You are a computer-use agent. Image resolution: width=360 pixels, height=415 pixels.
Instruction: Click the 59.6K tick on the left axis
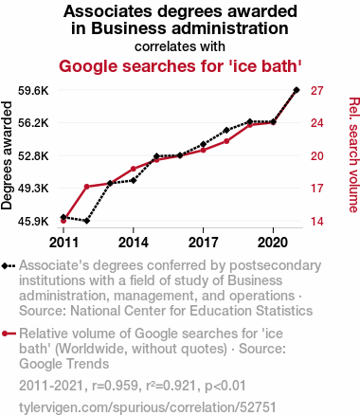[33, 91]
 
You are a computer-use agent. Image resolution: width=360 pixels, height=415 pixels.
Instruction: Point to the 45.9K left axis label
[33, 222]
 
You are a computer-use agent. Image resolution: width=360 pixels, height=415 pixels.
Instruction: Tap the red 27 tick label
[317, 91]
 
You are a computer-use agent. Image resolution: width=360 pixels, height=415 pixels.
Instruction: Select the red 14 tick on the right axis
[317, 222]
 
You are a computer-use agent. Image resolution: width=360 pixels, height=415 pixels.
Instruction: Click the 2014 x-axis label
[134, 243]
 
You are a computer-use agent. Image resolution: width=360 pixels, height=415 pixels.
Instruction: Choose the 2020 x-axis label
[273, 243]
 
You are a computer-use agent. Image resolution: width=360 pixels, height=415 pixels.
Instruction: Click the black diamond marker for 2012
[86, 221]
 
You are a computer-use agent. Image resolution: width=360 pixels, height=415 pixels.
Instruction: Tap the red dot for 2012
[86, 187]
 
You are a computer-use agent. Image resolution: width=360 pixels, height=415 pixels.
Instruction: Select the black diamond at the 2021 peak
[297, 90]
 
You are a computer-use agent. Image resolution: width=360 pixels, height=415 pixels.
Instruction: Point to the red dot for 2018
[226, 141]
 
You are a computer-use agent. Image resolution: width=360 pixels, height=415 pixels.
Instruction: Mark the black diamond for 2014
[134, 180]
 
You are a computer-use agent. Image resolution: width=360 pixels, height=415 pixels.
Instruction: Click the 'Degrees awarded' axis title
[7, 155]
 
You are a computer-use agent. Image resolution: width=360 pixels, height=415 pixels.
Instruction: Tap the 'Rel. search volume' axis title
[354, 154]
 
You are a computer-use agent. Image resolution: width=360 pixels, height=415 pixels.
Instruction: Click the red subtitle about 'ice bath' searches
[180, 66]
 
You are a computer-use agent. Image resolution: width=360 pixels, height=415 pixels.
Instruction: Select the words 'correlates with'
[180, 46]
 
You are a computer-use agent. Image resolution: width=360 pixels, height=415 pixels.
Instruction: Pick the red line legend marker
[9, 334]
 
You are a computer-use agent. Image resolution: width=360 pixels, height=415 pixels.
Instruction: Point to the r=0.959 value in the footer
[115, 386]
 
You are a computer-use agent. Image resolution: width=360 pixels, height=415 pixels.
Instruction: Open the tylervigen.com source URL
[148, 407]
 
